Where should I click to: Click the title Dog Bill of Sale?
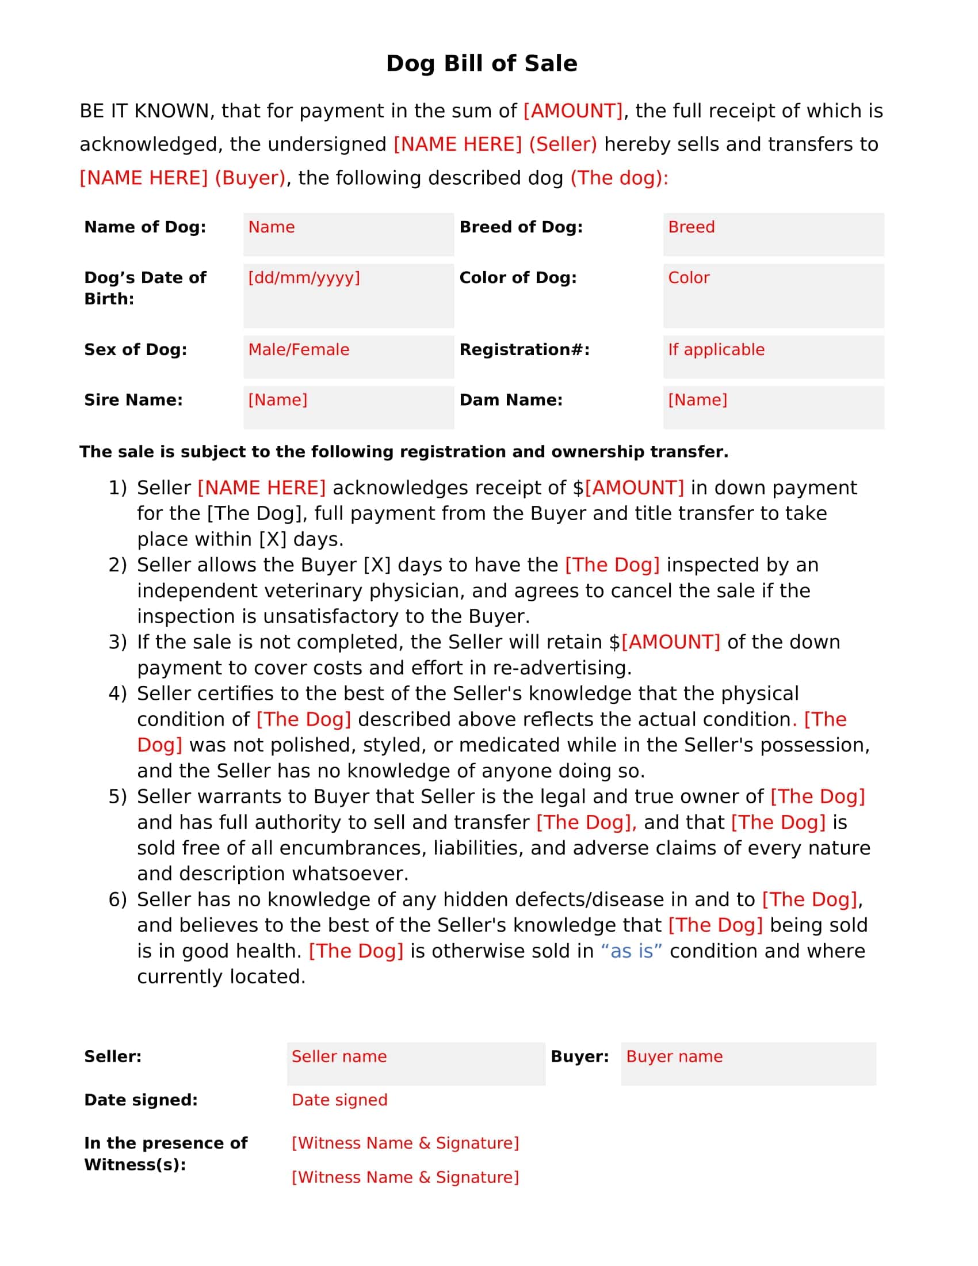coord(482,63)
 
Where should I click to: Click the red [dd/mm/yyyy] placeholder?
coord(304,278)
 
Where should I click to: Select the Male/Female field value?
coord(299,349)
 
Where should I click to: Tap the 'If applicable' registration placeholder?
coord(716,349)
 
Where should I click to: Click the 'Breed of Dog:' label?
coord(521,227)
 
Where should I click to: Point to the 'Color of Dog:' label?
coord(518,278)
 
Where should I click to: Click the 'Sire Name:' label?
coord(133,400)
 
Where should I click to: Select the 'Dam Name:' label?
coord(510,400)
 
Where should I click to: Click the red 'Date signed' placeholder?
coord(339,1100)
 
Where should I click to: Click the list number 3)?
coord(117,642)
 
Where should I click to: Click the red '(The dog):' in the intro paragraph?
coord(620,178)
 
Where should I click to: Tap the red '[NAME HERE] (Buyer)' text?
coord(182,178)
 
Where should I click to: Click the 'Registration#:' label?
coord(524,349)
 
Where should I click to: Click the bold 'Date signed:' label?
coord(141,1100)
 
